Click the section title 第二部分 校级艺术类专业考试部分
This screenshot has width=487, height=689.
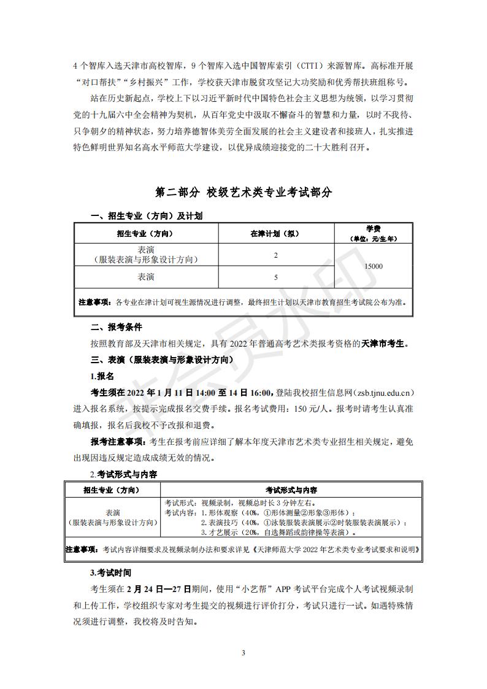(x=243, y=192)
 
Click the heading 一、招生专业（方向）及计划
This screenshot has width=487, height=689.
(x=147, y=216)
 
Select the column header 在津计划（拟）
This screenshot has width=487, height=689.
(x=275, y=234)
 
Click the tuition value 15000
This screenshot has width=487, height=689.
(x=373, y=266)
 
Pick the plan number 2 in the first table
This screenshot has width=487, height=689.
(x=275, y=255)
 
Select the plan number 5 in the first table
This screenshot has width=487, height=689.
(x=275, y=277)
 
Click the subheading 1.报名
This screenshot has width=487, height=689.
(x=102, y=375)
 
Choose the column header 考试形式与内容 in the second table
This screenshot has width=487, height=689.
(x=291, y=490)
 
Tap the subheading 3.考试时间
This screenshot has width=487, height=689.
(x=110, y=572)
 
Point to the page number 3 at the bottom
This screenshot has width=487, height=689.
(x=243, y=652)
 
